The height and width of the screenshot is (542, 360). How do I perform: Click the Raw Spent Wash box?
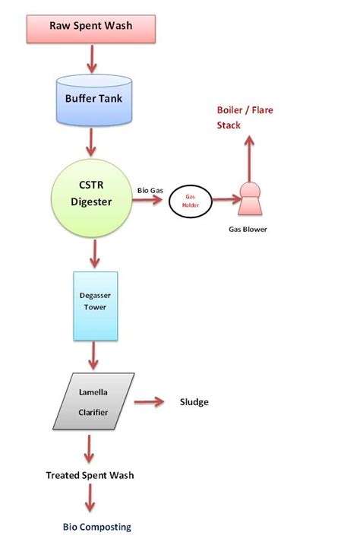(91, 27)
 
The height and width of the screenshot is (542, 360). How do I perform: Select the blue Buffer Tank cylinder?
(92, 99)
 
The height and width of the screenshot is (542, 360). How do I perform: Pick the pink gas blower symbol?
(248, 199)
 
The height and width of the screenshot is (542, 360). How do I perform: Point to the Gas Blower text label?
(248, 228)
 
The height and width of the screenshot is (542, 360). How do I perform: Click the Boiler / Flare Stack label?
(245, 118)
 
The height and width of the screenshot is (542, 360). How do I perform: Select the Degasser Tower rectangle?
(95, 306)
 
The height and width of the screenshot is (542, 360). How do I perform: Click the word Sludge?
(194, 402)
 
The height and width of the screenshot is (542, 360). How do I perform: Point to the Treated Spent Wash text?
(90, 475)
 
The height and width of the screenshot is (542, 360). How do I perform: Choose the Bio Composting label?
(96, 526)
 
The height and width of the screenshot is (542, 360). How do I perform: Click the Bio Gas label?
(149, 189)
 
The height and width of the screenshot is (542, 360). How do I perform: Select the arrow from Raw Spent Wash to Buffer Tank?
(92, 57)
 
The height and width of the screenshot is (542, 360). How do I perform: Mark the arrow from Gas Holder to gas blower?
(224, 200)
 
